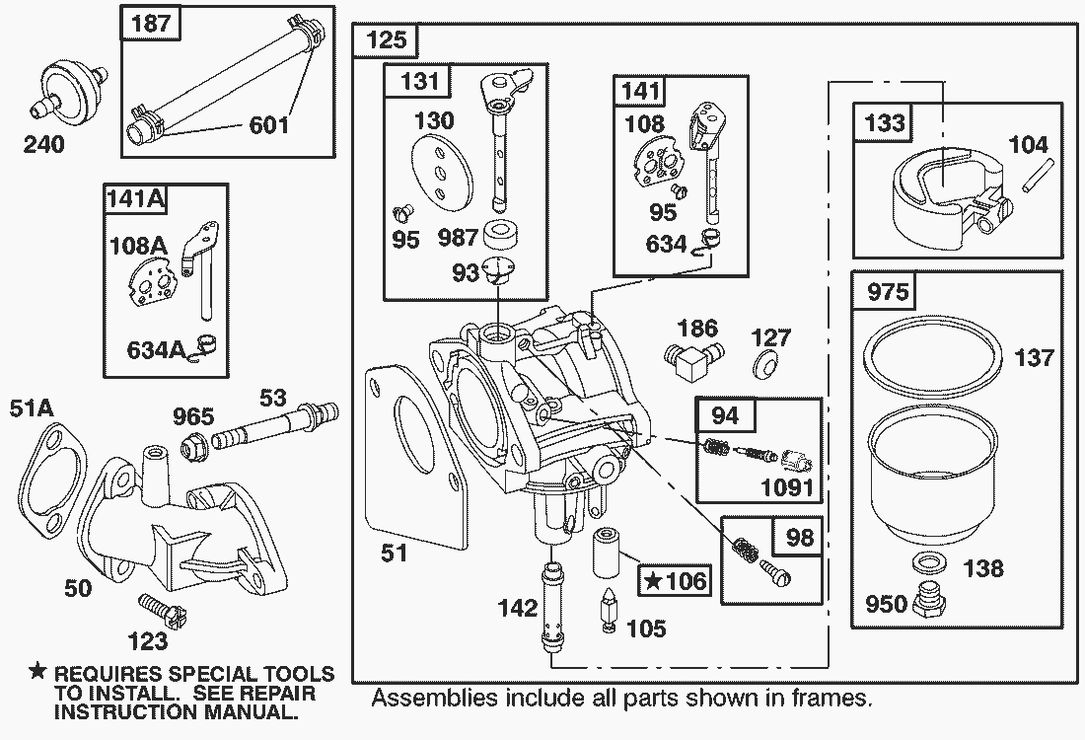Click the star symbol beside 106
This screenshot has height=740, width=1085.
click(x=654, y=581)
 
